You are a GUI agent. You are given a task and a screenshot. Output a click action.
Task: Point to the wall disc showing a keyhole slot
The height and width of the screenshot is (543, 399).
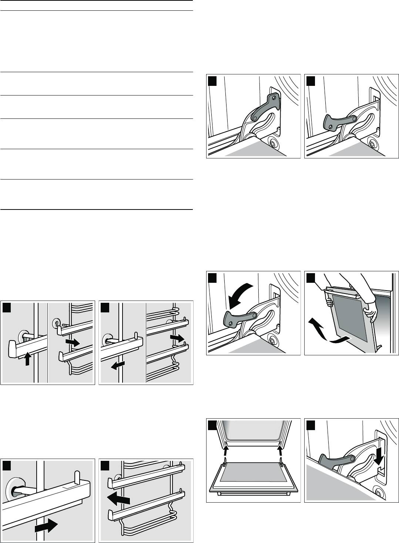(x=56, y=322)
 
